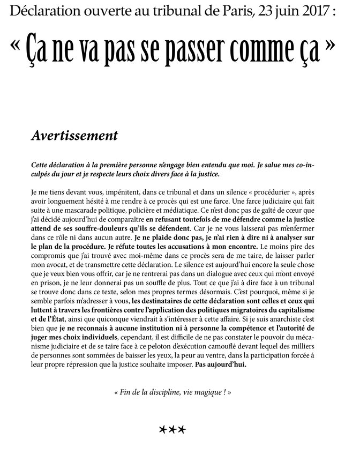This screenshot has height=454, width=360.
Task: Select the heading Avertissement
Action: tap(74, 135)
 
